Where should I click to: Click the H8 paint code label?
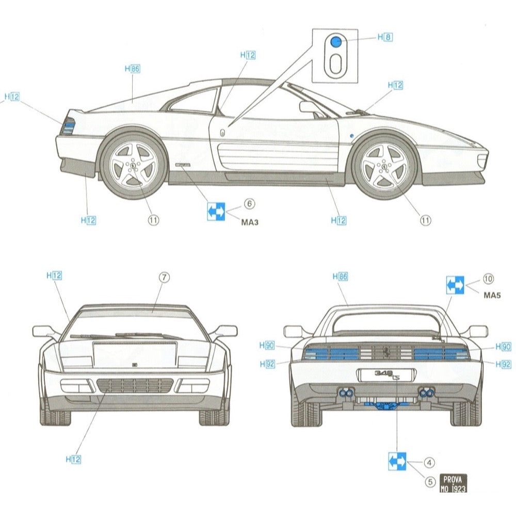click(x=385, y=37)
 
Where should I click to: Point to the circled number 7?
click(x=163, y=277)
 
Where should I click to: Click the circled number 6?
click(x=250, y=204)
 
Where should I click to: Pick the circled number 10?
click(x=488, y=279)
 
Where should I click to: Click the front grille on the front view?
click(x=135, y=385)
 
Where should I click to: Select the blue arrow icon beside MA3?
click(x=216, y=211)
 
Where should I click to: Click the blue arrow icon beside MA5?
click(x=455, y=285)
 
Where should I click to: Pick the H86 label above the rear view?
click(x=340, y=277)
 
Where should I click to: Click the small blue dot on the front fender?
click(x=351, y=135)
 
